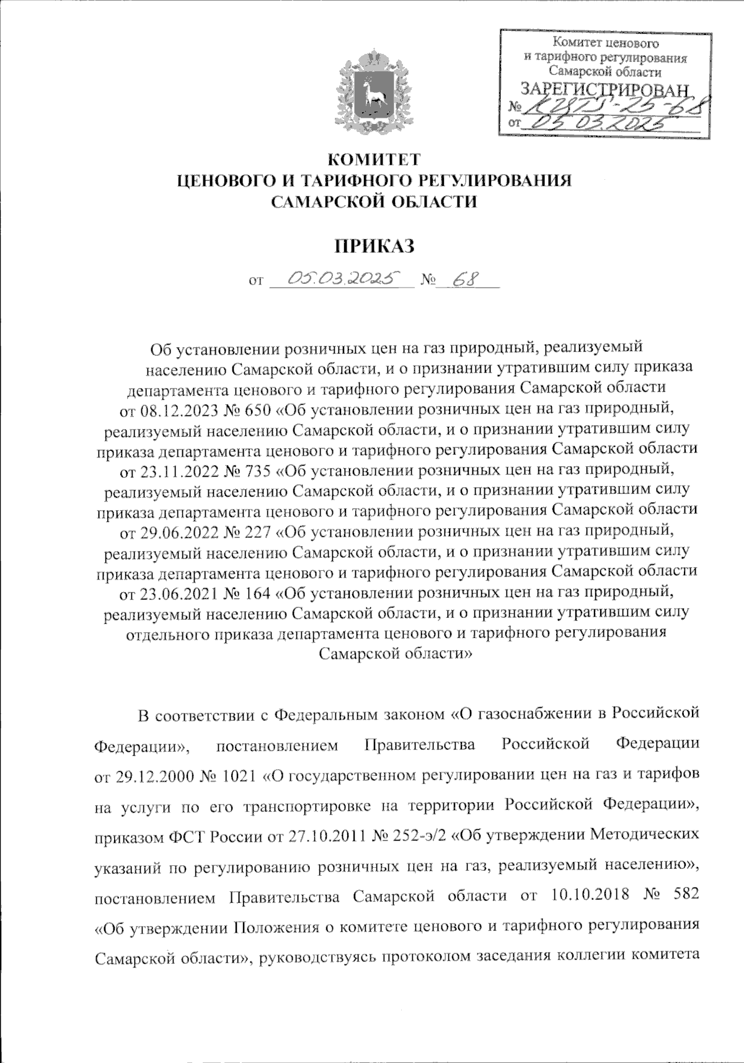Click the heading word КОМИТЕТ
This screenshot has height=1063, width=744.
[x=373, y=160]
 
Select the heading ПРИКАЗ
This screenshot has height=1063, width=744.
[x=373, y=246]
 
